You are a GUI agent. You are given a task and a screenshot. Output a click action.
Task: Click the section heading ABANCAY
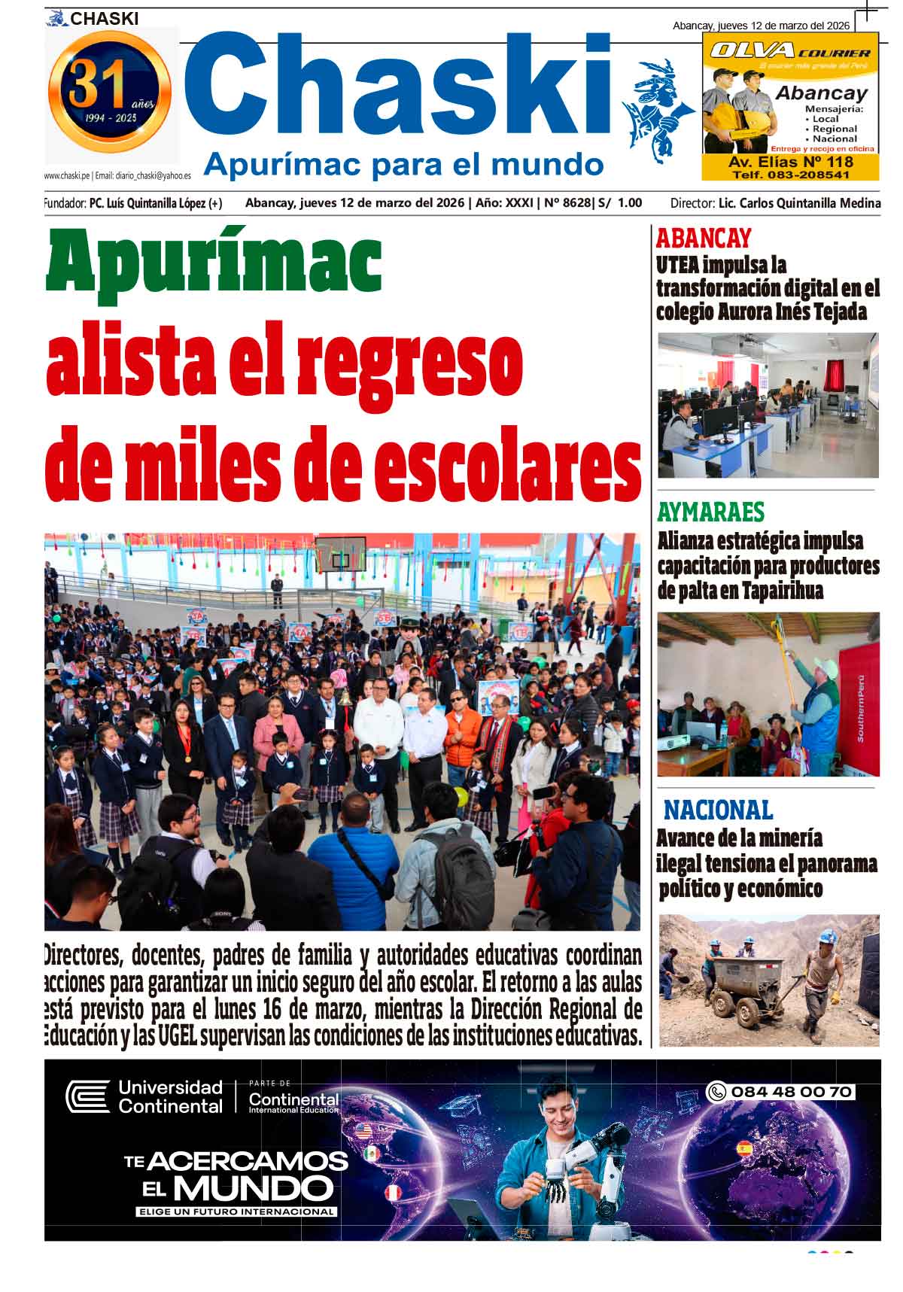(x=703, y=239)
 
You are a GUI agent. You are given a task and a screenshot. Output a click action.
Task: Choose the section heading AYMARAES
(x=710, y=512)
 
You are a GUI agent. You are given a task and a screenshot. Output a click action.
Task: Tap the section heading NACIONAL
(x=718, y=810)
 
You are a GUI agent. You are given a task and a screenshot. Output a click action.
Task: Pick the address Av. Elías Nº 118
(x=790, y=162)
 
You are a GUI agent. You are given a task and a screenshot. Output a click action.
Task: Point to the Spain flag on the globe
(x=744, y=1148)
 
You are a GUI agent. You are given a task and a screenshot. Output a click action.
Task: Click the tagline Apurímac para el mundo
(x=404, y=163)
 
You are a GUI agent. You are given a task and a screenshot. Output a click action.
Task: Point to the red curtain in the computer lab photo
(x=834, y=374)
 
